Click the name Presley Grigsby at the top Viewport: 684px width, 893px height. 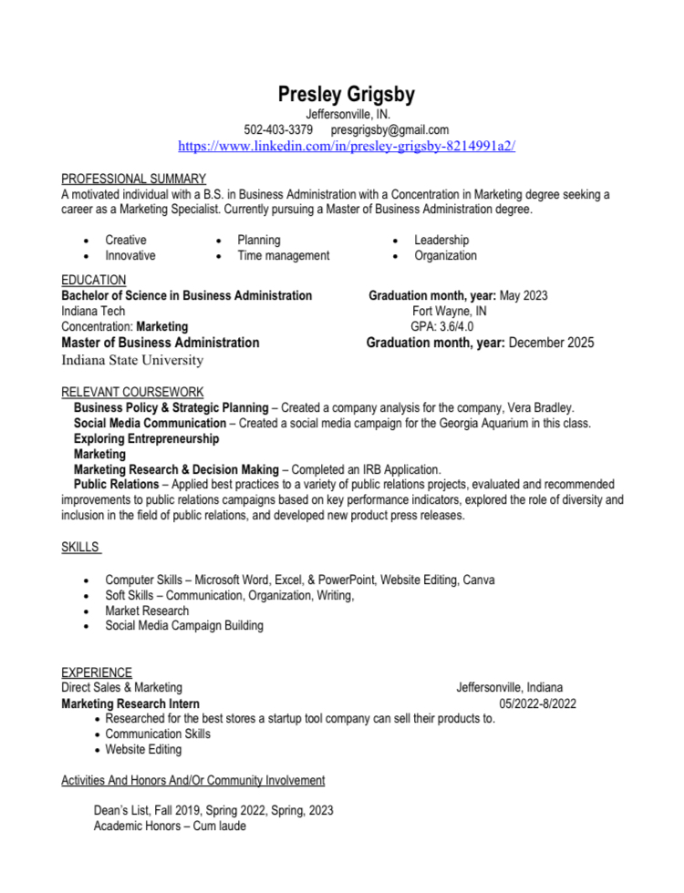347,94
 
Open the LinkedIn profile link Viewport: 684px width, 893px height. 347,146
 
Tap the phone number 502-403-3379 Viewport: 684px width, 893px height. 278,129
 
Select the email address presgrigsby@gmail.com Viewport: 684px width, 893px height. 389,129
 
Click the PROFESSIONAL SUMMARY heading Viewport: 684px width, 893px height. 133,179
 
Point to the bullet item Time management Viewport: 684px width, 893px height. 283,256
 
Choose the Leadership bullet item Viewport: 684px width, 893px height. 441,240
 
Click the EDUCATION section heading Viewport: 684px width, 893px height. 93,280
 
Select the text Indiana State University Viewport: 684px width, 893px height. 132,360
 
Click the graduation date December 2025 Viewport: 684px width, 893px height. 551,343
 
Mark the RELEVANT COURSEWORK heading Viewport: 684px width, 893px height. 127,392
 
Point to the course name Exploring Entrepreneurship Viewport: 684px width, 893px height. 146,438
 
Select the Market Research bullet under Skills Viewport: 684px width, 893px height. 147,611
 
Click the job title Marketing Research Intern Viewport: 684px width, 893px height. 130,703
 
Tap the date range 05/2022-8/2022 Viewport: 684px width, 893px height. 537,703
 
